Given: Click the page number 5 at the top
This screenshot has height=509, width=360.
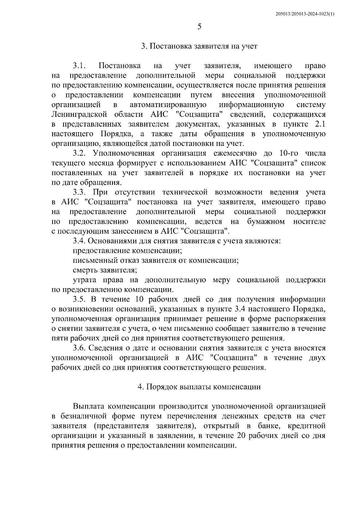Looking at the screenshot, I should click(199, 27).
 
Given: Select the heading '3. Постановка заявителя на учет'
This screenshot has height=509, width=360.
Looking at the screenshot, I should click(199, 46).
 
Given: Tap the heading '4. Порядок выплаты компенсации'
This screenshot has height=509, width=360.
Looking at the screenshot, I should click(199, 387).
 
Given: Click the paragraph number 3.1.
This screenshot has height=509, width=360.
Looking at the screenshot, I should click(79, 66).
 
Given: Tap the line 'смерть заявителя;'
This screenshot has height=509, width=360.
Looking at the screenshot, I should click(105, 270).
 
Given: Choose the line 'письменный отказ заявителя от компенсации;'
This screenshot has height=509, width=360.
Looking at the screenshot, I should click(156, 260).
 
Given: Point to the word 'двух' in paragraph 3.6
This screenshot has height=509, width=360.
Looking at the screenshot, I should click(317, 358).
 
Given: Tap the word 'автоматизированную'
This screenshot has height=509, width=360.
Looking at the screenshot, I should click(168, 105).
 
